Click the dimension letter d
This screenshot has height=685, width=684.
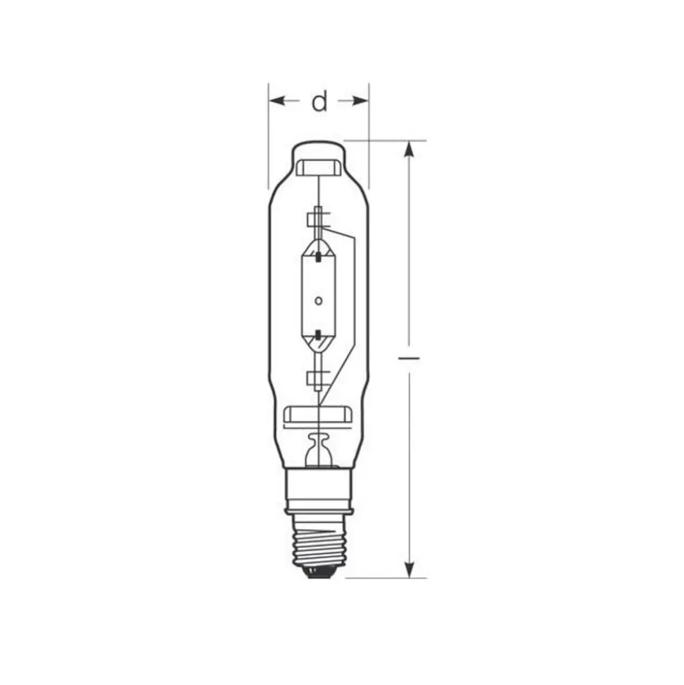[320, 102]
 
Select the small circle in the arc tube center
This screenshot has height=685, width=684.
[319, 301]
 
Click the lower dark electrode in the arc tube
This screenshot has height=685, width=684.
[319, 332]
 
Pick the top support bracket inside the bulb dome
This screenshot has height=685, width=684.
[319, 168]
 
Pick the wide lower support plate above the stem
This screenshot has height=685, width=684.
[319, 415]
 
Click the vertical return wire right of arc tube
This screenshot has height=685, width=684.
[353, 296]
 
